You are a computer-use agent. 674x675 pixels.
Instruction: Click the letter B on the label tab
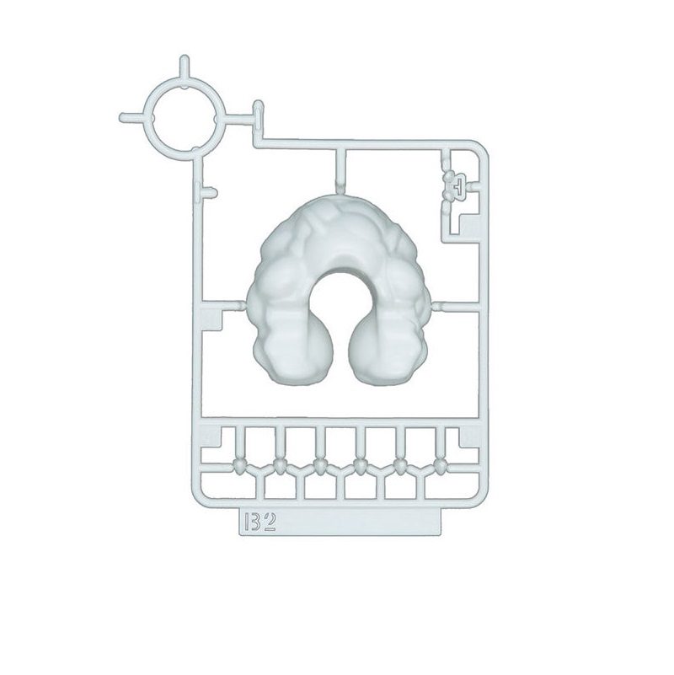tap(253, 522)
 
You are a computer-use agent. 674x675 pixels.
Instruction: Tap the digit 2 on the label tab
tap(270, 522)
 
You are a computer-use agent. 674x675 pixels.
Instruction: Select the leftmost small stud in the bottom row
tap(238, 464)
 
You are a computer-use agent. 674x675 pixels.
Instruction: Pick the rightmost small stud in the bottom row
tap(441, 464)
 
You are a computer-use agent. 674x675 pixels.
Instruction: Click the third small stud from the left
tap(319, 464)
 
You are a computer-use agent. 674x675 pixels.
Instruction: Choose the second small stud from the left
tap(279, 464)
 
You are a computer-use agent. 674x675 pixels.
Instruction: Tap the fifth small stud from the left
tap(400, 464)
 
